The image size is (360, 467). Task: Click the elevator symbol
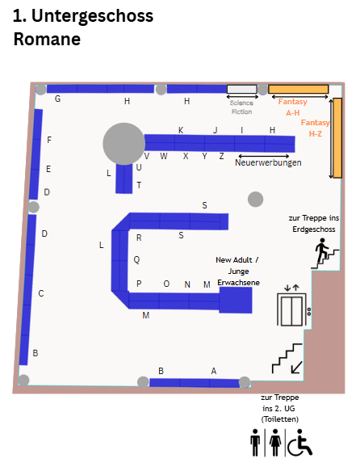pyautogui.click(x=291, y=309)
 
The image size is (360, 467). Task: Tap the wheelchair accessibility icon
pyautogui.click(x=300, y=443)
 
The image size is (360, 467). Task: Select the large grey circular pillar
pyautogui.click(x=124, y=144)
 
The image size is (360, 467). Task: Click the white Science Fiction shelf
pyautogui.click(x=242, y=89)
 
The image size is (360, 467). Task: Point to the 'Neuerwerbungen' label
pyautogui.click(x=268, y=162)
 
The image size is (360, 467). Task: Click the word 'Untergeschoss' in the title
pyautogui.click(x=92, y=15)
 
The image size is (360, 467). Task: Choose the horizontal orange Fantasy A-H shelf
pyautogui.click(x=299, y=89)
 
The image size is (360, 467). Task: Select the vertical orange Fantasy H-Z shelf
pyautogui.click(x=337, y=138)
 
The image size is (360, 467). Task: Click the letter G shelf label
pyautogui.click(x=58, y=99)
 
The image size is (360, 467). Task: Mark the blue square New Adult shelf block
pyautogui.click(x=236, y=300)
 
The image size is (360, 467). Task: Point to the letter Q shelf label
pyautogui.click(x=136, y=259)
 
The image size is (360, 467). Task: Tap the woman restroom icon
pyautogui.click(x=275, y=443)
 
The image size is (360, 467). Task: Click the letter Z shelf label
pyautogui.click(x=221, y=156)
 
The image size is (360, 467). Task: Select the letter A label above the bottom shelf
pyautogui.click(x=214, y=371)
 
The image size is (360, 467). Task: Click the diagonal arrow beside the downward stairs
pyautogui.click(x=296, y=368)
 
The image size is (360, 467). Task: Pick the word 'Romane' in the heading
pyautogui.click(x=47, y=40)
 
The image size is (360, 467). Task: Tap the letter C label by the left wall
pyautogui.click(x=41, y=293)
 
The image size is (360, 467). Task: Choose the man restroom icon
pyautogui.click(x=255, y=443)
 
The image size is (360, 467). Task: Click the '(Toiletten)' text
pyautogui.click(x=279, y=419)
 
